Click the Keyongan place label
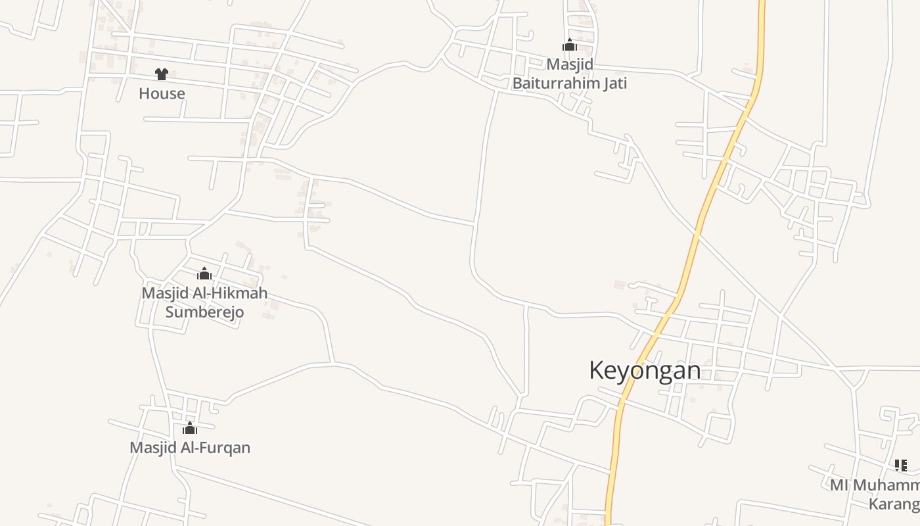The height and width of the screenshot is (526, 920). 645,370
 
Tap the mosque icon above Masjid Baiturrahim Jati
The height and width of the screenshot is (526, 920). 569,45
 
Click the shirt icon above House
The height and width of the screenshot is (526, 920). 162,74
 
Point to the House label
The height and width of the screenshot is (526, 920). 162,93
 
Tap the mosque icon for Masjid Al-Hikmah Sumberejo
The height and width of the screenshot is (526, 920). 204,274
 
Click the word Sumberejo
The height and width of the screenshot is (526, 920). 204,312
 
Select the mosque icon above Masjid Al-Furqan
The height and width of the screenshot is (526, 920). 190,429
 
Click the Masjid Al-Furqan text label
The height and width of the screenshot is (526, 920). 190,448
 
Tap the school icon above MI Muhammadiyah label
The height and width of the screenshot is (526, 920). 901,466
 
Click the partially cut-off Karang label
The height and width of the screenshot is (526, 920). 894,504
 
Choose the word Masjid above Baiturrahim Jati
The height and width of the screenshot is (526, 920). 570,64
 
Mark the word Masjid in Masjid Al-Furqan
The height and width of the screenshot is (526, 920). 150,448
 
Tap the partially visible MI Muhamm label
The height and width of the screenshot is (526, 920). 875,485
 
